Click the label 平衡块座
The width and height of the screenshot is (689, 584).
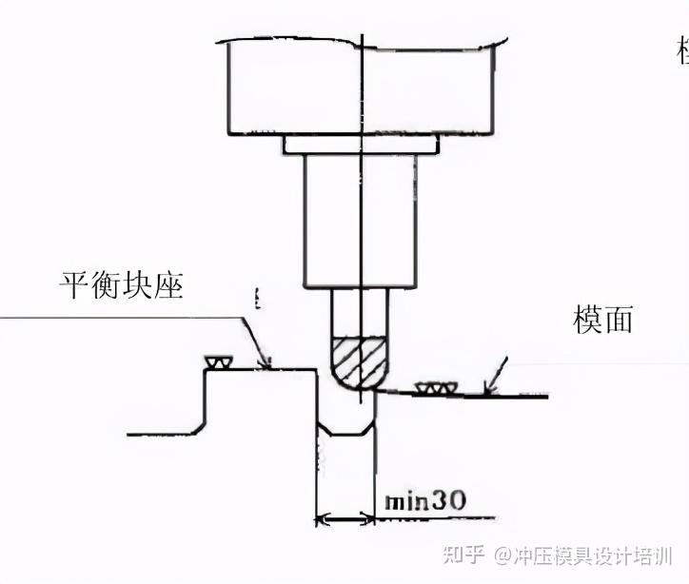[120, 285]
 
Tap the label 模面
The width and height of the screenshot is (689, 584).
[601, 320]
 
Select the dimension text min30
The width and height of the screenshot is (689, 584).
[424, 501]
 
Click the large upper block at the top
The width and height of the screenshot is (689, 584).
[362, 88]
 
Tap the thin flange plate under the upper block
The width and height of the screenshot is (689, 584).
[361, 145]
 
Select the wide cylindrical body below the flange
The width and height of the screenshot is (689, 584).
[361, 221]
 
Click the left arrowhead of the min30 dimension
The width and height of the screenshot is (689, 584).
[322, 519]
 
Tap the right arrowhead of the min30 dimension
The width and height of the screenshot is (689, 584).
[369, 519]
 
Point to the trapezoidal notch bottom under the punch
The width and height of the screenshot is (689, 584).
[345, 434]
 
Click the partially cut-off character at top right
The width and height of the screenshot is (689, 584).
[681, 52]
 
